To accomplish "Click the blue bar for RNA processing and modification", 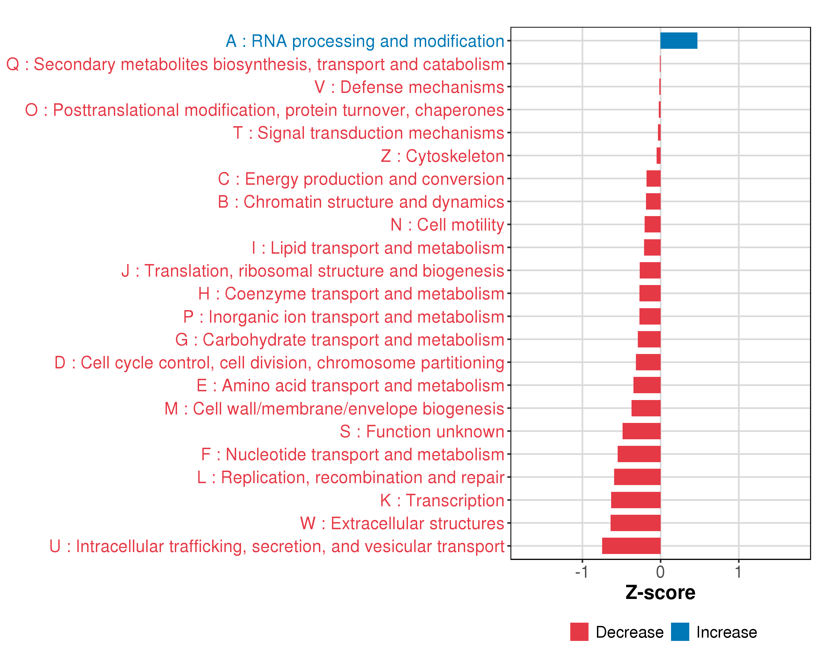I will tap(678, 41).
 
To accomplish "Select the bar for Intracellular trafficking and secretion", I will tap(631, 546).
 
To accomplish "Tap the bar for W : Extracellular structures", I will tap(635, 523).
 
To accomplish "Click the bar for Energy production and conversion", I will tap(653, 178).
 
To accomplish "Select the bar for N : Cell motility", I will tap(652, 225).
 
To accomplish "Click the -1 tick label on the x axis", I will tap(581, 572).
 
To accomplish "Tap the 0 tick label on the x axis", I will tap(660, 572).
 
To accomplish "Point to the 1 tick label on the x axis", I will tap(738, 572).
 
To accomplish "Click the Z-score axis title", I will tap(660, 593).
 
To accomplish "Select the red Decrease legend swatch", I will tap(579, 632).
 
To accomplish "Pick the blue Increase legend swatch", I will tap(680, 632).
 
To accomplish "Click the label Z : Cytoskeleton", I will tap(442, 156).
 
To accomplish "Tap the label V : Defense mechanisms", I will tap(409, 87).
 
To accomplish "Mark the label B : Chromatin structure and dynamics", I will tap(361, 202).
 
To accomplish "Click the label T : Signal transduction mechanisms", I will tap(368, 133).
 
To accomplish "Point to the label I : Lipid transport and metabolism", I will tap(378, 248).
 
